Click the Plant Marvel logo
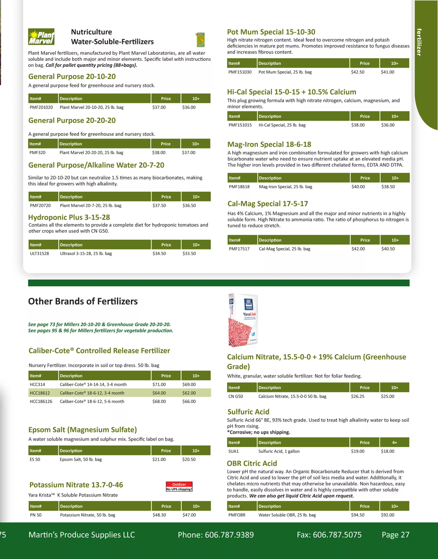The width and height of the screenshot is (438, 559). (x=41, y=37)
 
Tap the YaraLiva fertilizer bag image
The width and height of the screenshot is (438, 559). (x=243, y=320)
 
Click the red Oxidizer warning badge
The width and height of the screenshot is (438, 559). (x=179, y=487)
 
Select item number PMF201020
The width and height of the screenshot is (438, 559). (x=41, y=107)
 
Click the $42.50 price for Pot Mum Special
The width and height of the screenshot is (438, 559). (x=358, y=72)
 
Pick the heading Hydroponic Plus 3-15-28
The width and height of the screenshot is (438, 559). (x=69, y=217)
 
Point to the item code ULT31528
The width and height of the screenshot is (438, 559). (x=39, y=253)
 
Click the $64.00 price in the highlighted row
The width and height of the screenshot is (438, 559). (x=159, y=393)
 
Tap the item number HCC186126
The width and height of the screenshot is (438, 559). (x=41, y=401)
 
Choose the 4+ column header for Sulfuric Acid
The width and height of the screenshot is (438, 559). (x=394, y=443)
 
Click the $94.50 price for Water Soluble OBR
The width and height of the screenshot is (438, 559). (x=358, y=515)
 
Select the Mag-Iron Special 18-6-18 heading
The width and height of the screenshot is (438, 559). (x=269, y=144)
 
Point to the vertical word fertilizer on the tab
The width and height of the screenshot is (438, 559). (x=419, y=42)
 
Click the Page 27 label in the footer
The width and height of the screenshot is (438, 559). (x=395, y=535)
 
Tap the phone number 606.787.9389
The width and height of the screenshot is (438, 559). (x=229, y=535)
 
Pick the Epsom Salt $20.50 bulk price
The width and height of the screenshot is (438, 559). (x=189, y=459)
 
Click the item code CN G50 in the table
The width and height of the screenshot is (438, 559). (x=235, y=396)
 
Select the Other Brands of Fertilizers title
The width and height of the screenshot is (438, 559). (x=83, y=301)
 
